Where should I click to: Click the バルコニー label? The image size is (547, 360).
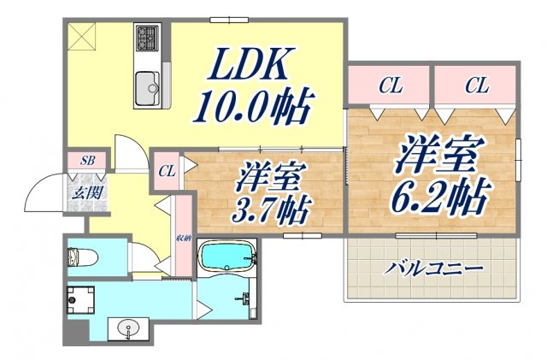click(x=433, y=268)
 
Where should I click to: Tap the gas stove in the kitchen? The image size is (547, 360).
click(x=145, y=38)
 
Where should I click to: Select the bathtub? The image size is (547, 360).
click(x=226, y=255)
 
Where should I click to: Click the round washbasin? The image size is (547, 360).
click(x=128, y=327)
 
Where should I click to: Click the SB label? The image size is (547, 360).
click(x=87, y=160)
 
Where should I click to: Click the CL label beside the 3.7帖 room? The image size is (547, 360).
click(x=167, y=171)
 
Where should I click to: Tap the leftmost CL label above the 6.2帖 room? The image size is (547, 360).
click(x=391, y=86)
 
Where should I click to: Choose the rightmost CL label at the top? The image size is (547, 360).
click(x=477, y=86)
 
